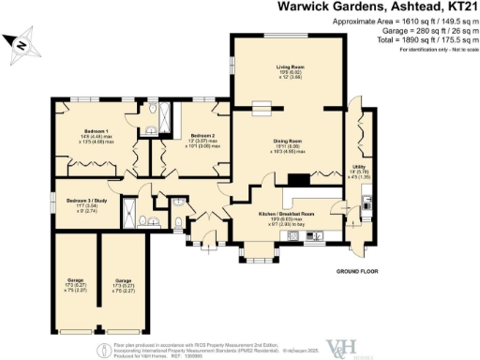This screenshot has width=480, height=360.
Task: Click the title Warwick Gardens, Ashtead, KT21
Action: coord(378,7)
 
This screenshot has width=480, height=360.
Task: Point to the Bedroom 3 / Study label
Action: coord(86,203)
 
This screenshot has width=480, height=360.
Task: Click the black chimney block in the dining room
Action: coord(299,182)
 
